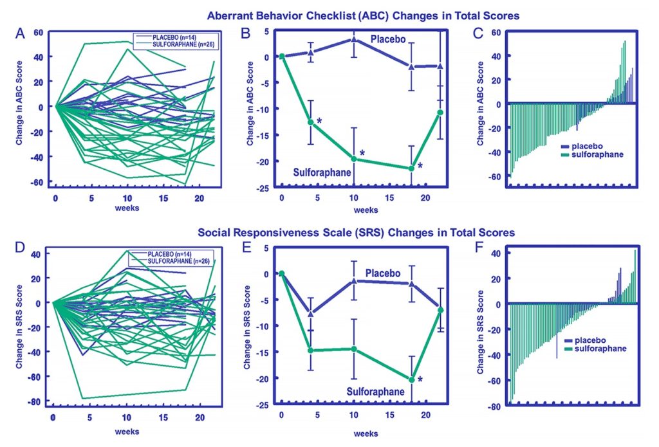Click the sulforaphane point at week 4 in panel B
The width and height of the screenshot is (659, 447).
coord(311,122)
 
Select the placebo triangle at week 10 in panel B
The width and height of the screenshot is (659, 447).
coord(353,40)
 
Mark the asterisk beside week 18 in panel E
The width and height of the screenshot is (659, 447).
coord(420,381)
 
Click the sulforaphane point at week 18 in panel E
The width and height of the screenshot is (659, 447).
coord(412,379)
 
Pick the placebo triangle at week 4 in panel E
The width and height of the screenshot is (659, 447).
coord(311,313)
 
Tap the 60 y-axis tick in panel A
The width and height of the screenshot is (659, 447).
coord(39,32)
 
